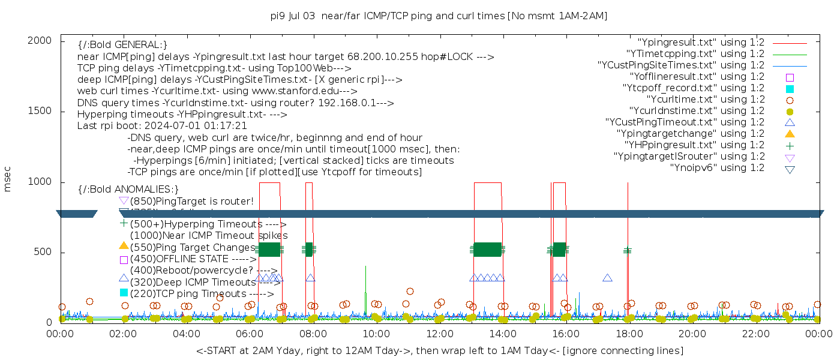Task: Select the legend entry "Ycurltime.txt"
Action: pyautogui.click(x=705, y=100)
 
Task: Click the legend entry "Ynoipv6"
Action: pyautogui.click(x=717, y=168)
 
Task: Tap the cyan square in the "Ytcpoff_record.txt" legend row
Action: pyautogui.click(x=790, y=88)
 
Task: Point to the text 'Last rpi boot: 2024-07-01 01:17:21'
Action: pyautogui.click(x=162, y=126)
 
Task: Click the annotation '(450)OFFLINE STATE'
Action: pyautogui.click(x=193, y=259)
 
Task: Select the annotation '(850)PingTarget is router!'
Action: pyautogui.click(x=191, y=201)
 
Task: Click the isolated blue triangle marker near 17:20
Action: pyautogui.click(x=607, y=278)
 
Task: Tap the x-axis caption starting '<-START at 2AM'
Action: pyautogui.click(x=439, y=350)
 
